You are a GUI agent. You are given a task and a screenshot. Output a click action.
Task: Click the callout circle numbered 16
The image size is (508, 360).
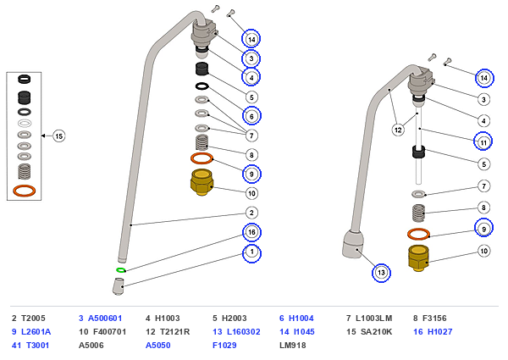coord(251,232)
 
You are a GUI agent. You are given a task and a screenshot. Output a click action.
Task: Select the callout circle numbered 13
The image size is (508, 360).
coord(381,273)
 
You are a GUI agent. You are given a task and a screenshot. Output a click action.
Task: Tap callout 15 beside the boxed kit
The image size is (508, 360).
coord(59,136)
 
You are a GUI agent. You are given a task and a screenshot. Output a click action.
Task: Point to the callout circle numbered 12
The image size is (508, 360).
coord(398,130)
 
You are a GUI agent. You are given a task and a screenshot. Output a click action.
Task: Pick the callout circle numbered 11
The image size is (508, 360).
coord(483,142)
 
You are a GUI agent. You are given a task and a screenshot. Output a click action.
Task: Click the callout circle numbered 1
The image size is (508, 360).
coord(251,252)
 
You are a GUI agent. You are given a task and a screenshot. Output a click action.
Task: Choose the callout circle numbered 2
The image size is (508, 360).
coord(251,213)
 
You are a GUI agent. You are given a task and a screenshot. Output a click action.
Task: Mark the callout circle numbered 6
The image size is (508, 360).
coord(251,116)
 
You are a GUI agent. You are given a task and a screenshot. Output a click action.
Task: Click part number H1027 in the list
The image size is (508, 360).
coord(439,332)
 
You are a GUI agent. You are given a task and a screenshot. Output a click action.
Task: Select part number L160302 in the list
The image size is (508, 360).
coord(243,332)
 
